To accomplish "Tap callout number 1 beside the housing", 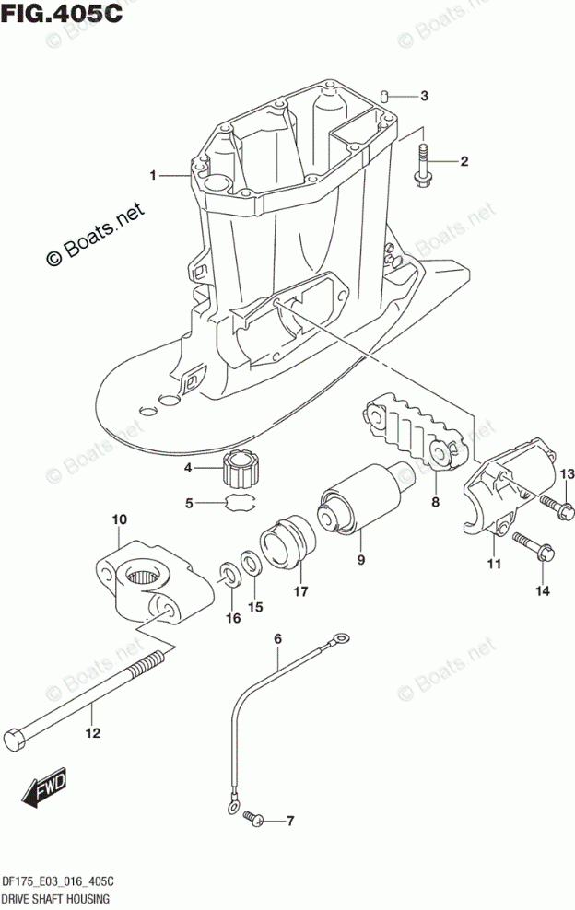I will [x=155, y=174].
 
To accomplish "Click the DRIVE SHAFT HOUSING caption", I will [x=57, y=898].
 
